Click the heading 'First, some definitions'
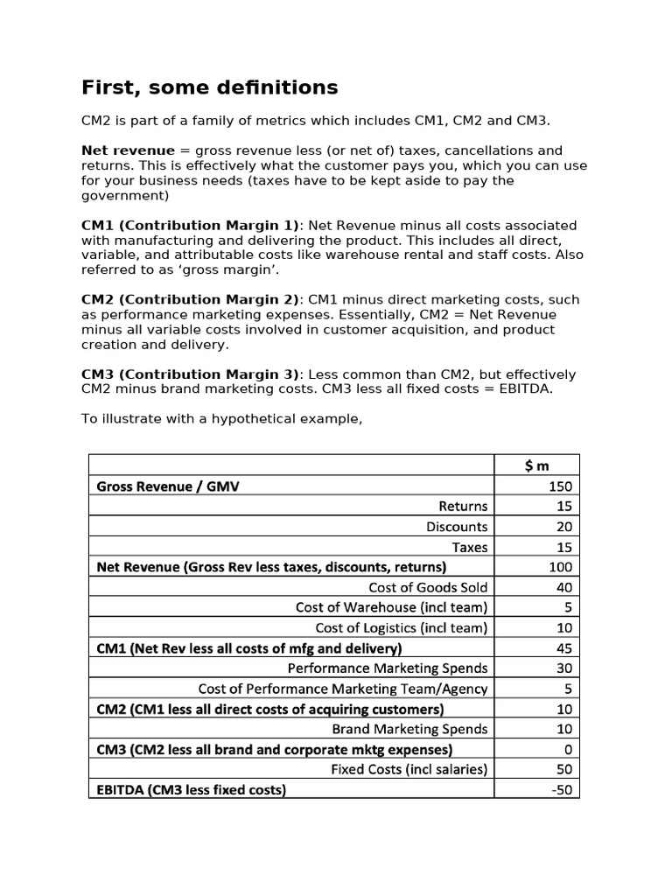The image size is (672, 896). click(209, 87)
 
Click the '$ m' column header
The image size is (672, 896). click(537, 466)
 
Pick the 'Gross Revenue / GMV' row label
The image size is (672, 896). click(167, 486)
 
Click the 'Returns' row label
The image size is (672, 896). click(463, 507)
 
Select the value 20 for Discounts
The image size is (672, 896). click(563, 527)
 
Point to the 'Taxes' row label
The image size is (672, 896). click(470, 547)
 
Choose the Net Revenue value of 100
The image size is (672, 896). click(560, 567)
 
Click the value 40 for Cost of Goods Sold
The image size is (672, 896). click(563, 587)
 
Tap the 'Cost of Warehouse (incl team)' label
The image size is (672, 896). click(391, 607)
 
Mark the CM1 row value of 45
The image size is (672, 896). click(563, 648)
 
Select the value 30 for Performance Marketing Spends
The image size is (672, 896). click(563, 668)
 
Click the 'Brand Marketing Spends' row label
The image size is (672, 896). click(409, 729)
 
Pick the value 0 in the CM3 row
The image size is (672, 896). click(568, 750)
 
